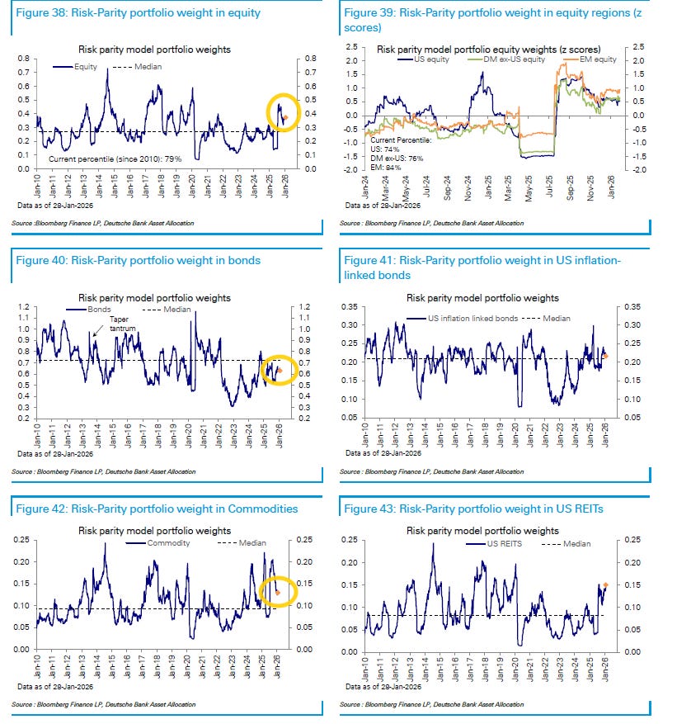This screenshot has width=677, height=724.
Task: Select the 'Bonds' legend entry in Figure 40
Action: [92, 310]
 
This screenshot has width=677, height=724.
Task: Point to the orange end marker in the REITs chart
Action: [605, 585]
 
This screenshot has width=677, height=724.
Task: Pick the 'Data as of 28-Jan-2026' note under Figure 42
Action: [54, 686]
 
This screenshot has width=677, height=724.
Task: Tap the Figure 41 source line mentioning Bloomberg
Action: [431, 472]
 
